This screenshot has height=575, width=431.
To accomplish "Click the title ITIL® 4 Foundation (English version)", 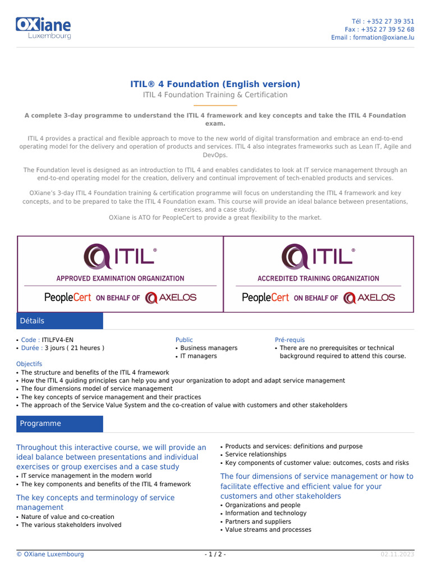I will coord(215,84).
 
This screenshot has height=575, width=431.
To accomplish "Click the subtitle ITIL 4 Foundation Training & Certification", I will coord(215,95).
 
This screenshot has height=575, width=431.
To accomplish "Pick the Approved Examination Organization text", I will coord(120,279).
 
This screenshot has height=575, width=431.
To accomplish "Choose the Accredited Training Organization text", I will coord(318,279).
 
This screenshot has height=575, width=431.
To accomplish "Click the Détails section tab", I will coord(60,321).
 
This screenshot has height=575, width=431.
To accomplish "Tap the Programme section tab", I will coord(60,423).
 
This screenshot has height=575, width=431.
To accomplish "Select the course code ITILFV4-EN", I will coord(57,340).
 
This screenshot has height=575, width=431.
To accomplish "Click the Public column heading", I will coord(184,340).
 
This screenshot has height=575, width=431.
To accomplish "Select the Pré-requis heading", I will coord(290,340).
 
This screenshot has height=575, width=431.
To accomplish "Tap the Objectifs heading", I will coord(29,364).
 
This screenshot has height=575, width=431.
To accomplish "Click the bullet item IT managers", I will coord(198,356).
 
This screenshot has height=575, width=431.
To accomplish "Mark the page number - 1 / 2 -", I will coord(215,554).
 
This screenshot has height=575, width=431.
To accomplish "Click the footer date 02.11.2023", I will coord(397,554).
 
